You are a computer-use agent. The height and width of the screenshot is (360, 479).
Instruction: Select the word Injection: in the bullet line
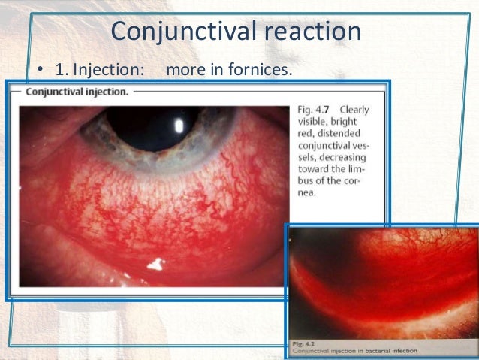point(107,71)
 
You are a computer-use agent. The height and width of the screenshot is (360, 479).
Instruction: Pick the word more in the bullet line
point(184,71)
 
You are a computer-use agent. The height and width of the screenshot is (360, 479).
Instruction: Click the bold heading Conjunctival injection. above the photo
point(77,92)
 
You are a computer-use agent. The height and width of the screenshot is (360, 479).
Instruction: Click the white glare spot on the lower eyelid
point(156,263)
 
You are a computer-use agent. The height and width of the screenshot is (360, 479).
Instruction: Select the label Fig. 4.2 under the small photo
point(303,343)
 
